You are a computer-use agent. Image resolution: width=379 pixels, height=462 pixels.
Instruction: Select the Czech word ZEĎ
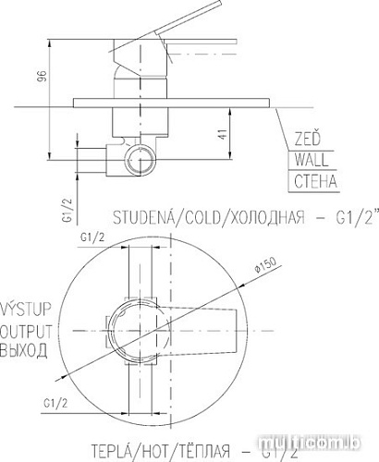(307, 140)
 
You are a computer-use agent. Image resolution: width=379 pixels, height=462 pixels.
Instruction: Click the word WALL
(311, 159)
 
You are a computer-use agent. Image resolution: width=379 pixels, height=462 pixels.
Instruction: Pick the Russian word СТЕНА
(315, 179)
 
